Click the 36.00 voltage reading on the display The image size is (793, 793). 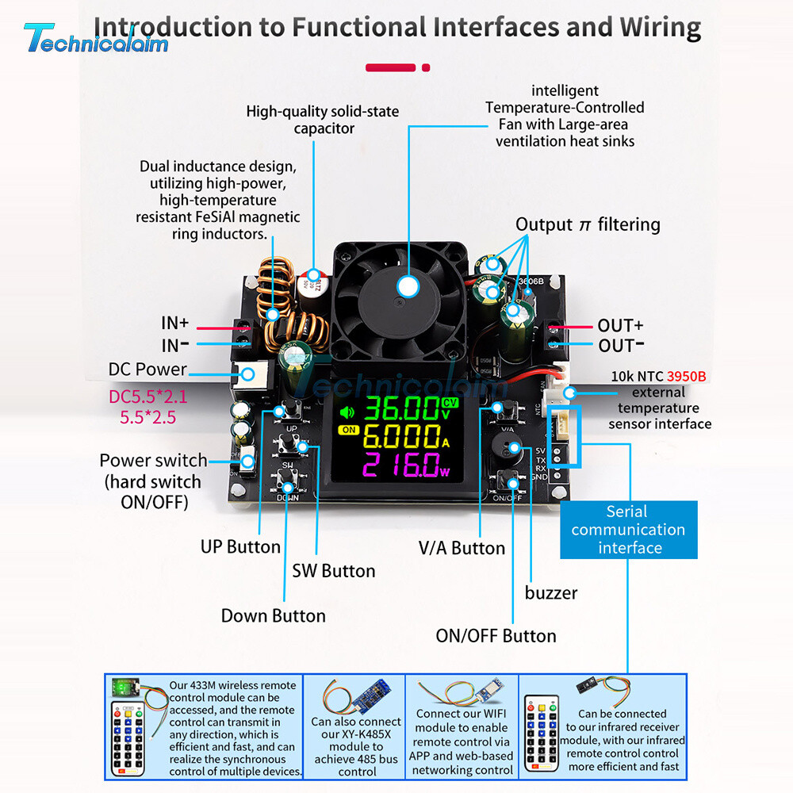[400, 410]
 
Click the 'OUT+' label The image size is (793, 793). [620, 325]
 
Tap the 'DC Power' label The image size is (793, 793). [147, 370]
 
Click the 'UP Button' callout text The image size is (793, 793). [240, 547]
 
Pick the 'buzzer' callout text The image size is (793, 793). [551, 592]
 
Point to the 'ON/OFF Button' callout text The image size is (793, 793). [496, 636]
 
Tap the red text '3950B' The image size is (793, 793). [686, 376]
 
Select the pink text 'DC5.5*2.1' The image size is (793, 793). [148, 396]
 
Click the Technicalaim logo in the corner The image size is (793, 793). [95, 38]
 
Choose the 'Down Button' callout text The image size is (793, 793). [273, 616]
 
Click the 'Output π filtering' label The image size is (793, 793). [588, 224]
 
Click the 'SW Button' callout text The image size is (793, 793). [334, 571]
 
